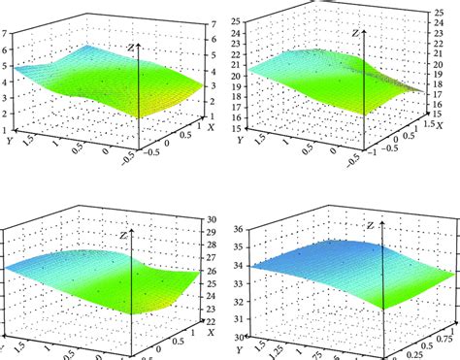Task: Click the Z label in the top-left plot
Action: pos(130,45)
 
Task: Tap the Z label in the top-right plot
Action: pos(356,34)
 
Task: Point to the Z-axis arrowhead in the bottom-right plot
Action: pos(376,223)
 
